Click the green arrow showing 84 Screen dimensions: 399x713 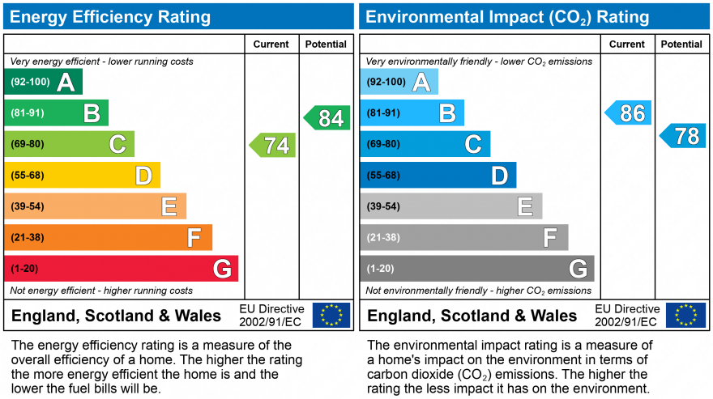pyautogui.click(x=328, y=118)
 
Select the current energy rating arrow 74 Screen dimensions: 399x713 pyautogui.click(x=273, y=145)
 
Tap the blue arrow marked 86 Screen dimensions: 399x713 pyautogui.click(x=629, y=113)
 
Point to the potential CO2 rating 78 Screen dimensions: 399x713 pyautogui.click(x=683, y=136)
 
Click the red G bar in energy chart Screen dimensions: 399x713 pyautogui.click(x=121, y=269)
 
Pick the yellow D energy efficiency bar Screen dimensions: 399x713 pyautogui.click(x=82, y=176)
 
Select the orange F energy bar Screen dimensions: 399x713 pyautogui.click(x=108, y=238)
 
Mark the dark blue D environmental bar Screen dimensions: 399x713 pyautogui.click(x=438, y=176)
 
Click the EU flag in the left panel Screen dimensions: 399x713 pyautogui.click(x=331, y=316)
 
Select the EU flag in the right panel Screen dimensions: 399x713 pyautogui.click(x=685, y=316)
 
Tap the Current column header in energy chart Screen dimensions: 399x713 pyautogui.click(x=271, y=45)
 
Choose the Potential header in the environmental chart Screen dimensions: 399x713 pyautogui.click(x=681, y=45)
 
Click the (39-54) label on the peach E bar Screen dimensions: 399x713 pyautogui.click(x=28, y=207)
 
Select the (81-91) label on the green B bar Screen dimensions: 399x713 pyautogui.click(x=28, y=113)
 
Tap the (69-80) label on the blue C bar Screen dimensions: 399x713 pyautogui.click(x=383, y=145)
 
